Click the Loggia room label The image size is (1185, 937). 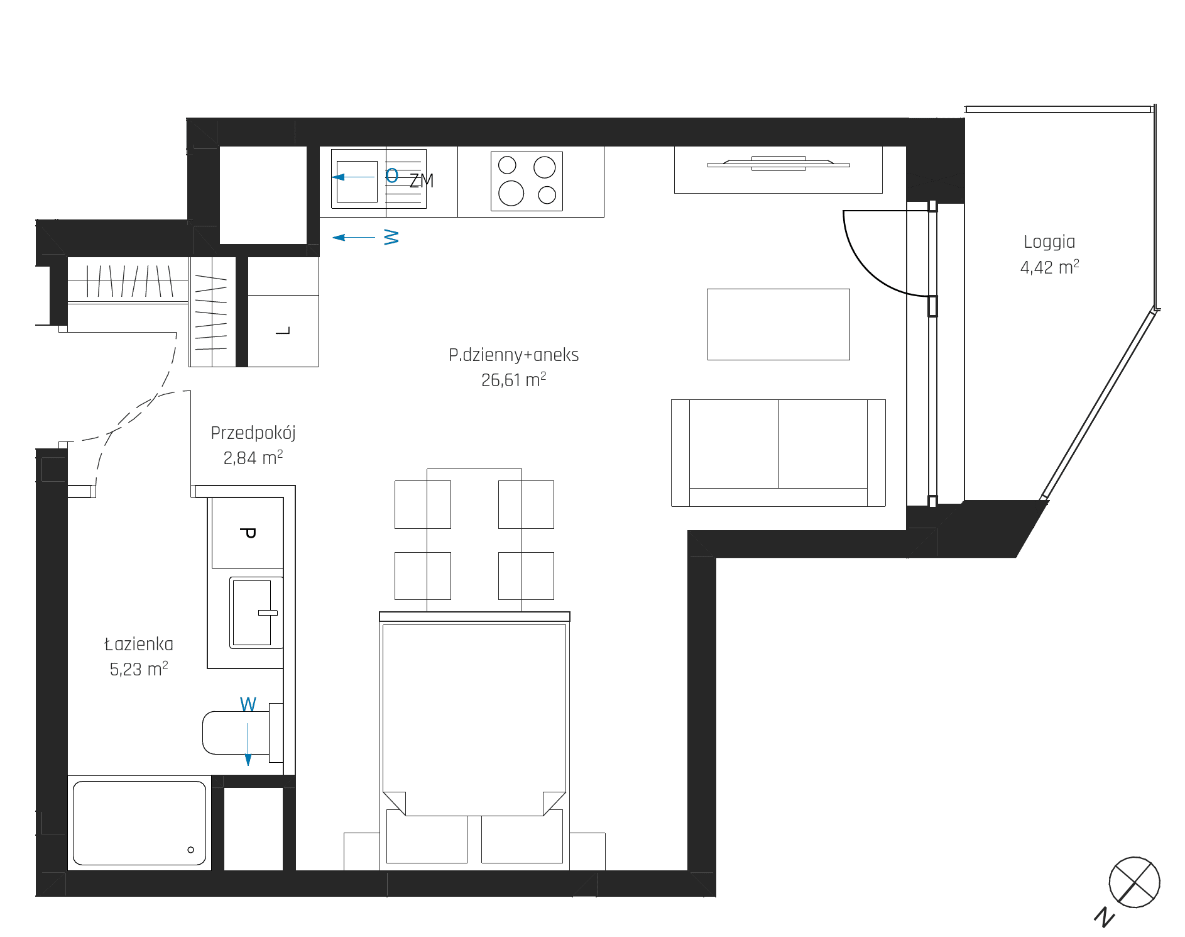coord(1049,242)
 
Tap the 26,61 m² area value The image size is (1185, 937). coord(513,380)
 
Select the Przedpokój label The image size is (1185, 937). coord(253,433)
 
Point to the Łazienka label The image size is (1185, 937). coord(139,644)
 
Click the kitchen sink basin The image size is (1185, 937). coord(357,182)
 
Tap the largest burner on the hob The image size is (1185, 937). coord(511,193)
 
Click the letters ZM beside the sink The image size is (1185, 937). coord(422,181)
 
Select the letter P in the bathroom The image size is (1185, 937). coord(248,533)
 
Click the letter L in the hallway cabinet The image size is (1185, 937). coord(283,331)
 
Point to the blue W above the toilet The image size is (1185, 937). coord(248,704)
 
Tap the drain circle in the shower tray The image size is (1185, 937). coord(191,850)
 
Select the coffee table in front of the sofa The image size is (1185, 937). coord(778,324)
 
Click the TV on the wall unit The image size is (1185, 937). coord(778,164)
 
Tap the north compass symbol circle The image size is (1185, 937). coord(1134,882)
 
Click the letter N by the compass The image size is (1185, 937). coord(1104,917)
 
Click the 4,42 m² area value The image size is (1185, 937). coord(1049,267)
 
